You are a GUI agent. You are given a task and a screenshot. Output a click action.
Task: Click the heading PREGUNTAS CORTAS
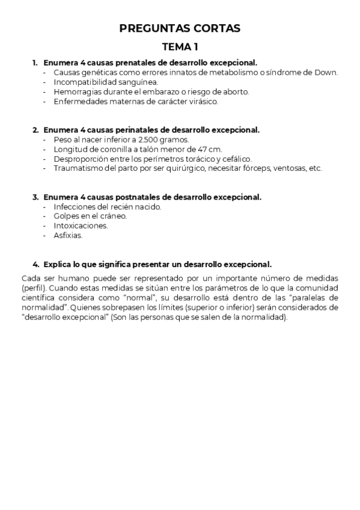180,28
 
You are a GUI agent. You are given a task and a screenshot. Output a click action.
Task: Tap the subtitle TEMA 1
180,46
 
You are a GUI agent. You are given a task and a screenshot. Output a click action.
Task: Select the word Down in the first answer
328,72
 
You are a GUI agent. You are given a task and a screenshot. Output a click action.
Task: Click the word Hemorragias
78,91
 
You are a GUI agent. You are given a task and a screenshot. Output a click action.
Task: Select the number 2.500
149,139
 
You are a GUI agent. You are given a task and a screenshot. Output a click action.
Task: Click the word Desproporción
81,158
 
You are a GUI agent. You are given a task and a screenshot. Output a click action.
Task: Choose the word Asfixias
68,235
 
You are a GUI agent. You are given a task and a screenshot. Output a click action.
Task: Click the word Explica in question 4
59,264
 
